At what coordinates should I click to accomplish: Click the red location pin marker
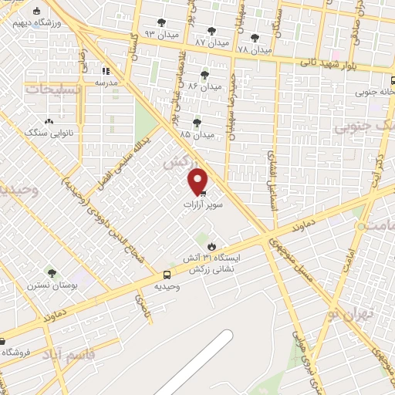click(198, 182)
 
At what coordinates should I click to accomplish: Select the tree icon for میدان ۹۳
click(160, 22)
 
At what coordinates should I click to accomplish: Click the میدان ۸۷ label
click(211, 41)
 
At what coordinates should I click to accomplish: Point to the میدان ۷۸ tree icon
click(255, 37)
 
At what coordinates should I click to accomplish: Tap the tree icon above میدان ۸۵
click(197, 121)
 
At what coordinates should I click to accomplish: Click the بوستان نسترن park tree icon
click(52, 274)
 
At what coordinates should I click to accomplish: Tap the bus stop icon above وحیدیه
click(167, 275)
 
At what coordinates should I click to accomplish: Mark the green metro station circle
click(360, 226)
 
